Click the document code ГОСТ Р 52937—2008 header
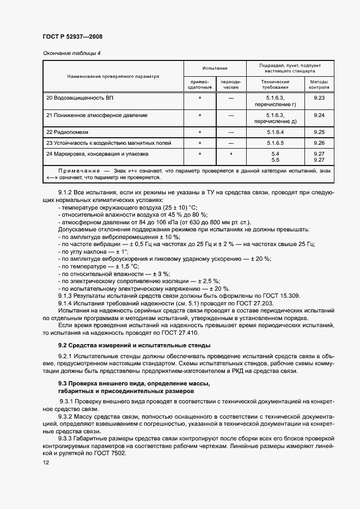click(72, 36)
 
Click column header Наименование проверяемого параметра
click(113, 76)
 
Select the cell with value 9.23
click(319, 97)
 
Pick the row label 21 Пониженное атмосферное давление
click(97, 115)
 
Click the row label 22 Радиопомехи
click(67, 132)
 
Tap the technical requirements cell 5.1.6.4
click(275, 132)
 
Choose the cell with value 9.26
click(319, 143)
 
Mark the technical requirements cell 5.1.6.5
click(275, 143)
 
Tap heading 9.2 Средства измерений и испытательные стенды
click(135, 345)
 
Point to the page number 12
click(46, 462)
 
